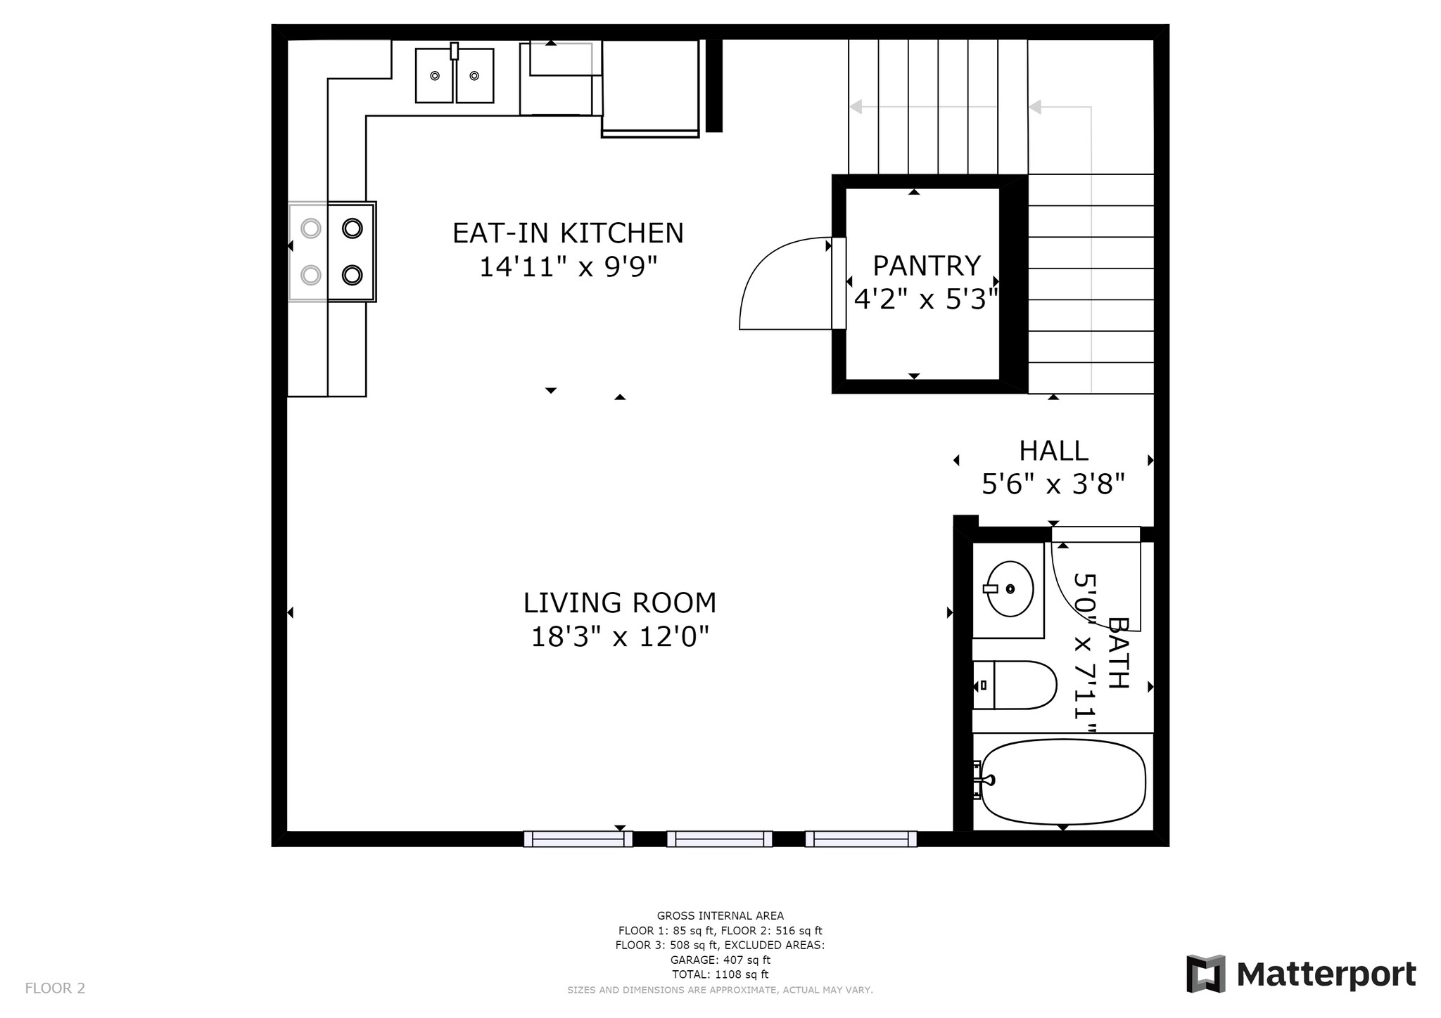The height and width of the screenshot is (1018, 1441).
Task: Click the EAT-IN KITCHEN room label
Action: [x=568, y=233]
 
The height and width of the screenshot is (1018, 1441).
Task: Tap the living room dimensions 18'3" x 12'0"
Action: [x=619, y=638]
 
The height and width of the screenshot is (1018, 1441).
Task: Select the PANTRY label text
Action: [x=926, y=266]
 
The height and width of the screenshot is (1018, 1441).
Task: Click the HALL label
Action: [x=1053, y=451]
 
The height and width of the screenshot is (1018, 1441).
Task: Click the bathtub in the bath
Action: [x=1062, y=782]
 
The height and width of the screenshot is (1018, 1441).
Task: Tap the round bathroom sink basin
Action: [x=1009, y=589]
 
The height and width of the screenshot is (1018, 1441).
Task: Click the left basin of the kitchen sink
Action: [x=434, y=75]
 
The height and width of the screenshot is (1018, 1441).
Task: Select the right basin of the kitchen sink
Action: [x=475, y=75]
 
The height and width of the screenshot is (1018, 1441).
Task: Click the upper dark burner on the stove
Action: [x=352, y=228]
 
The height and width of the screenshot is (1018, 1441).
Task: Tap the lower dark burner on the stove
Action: [x=352, y=275]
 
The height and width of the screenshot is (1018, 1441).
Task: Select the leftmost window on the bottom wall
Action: [x=578, y=839]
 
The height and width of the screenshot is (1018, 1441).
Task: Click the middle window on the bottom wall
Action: [x=719, y=839]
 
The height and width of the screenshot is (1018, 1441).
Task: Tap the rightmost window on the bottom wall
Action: [x=861, y=839]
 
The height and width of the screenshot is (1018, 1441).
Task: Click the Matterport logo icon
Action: [x=1205, y=974]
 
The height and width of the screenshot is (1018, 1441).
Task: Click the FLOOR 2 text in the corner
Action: [x=55, y=988]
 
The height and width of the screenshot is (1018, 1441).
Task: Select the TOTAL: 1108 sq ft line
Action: [x=720, y=974]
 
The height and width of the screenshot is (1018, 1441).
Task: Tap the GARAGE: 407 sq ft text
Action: [x=720, y=960]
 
